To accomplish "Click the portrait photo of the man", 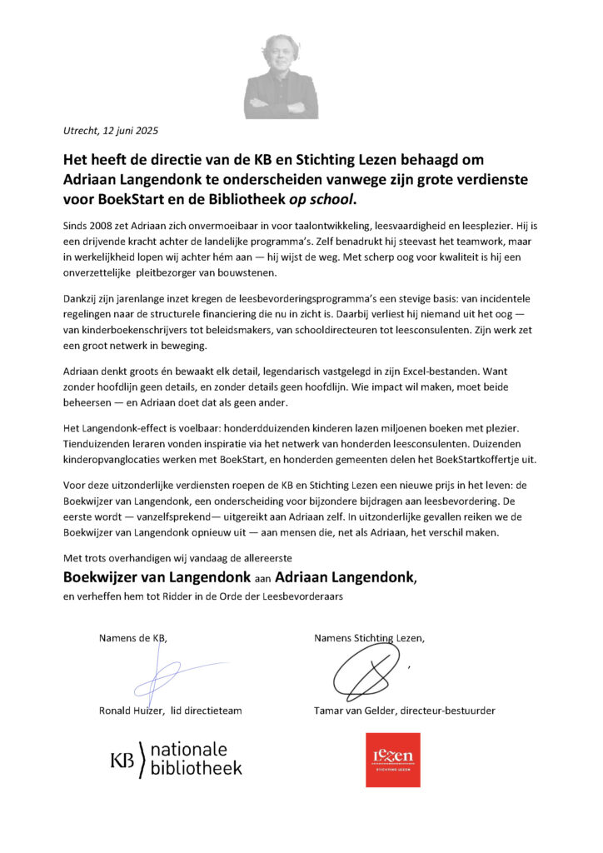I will point(281,77).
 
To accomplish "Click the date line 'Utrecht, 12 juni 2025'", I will point(111,130).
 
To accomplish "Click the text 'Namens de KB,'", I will point(132,638).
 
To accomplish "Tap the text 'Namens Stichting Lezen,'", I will point(369,638).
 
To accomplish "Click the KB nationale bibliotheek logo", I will point(177,759).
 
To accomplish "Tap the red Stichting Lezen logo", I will point(393,759).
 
